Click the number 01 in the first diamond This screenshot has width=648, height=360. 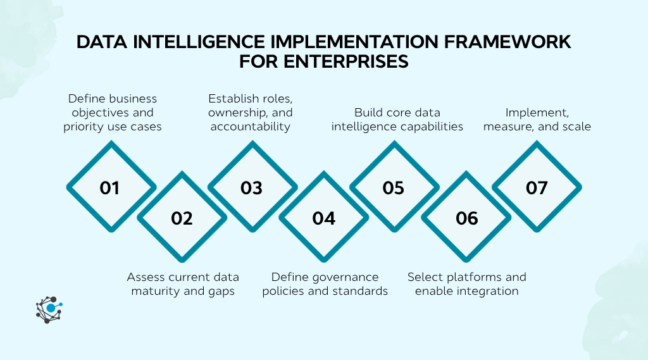pyautogui.click(x=109, y=188)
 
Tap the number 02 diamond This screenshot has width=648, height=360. pyautogui.click(x=182, y=218)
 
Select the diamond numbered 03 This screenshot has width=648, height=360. pyautogui.click(x=251, y=188)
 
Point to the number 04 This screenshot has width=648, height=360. pyautogui.click(x=323, y=218)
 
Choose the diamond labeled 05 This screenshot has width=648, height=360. pyautogui.click(x=393, y=188)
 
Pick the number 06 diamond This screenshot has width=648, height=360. pyautogui.click(x=466, y=218)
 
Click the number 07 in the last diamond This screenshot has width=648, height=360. pyautogui.click(x=536, y=188)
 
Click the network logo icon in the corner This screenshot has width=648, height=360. pyautogui.click(x=49, y=309)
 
